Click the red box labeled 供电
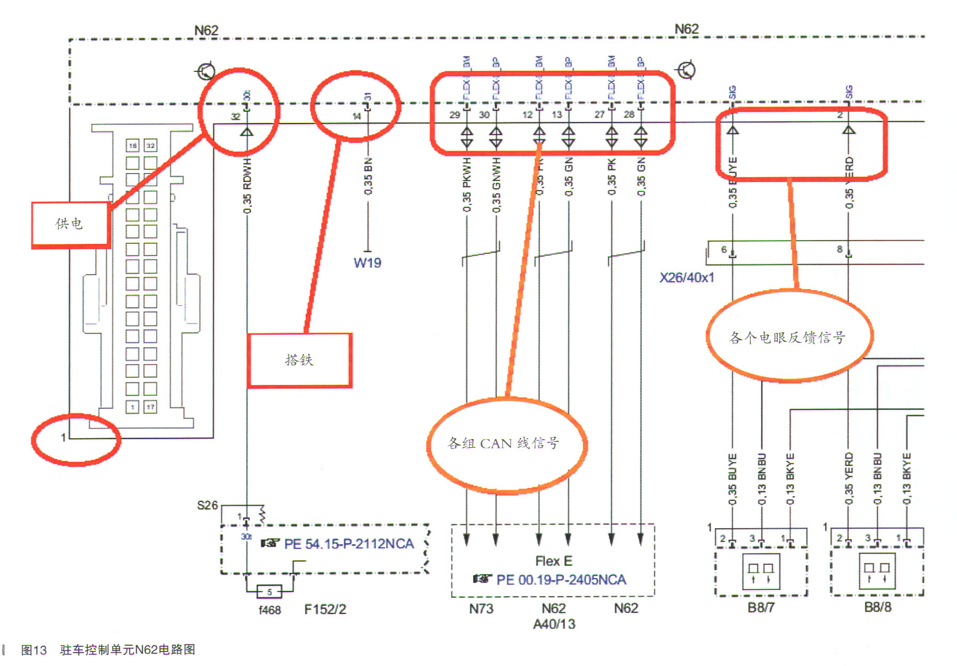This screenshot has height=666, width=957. (70, 224)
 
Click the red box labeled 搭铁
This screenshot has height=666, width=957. (300, 360)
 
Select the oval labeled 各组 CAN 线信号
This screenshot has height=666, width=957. (504, 443)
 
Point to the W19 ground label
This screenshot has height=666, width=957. (367, 263)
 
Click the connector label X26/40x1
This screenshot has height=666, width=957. (686, 278)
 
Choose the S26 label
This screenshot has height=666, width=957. (207, 505)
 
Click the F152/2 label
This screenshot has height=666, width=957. (325, 610)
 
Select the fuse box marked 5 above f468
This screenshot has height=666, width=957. (269, 591)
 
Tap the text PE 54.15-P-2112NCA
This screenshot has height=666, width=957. (349, 544)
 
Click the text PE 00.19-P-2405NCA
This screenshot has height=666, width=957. (561, 580)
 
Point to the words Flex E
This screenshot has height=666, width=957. (553, 561)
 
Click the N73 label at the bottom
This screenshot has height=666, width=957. (481, 609)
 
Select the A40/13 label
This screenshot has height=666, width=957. (554, 624)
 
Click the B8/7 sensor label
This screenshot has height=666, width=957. (760, 607)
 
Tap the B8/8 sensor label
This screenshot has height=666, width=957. (877, 607)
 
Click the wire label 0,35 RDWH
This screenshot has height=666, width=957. (247, 186)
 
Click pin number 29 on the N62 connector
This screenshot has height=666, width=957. (454, 114)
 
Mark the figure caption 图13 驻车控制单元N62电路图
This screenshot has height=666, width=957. (108, 650)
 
